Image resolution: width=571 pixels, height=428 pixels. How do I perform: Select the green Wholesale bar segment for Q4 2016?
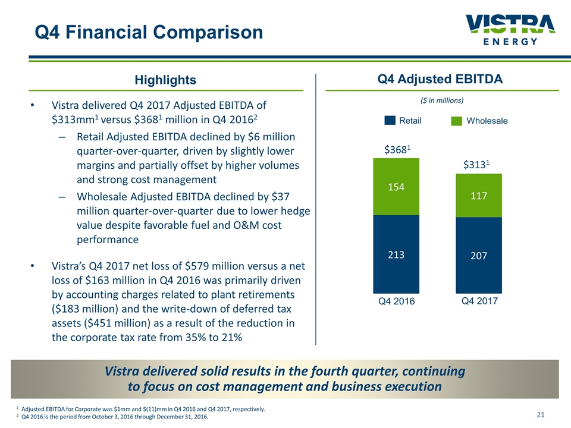(x=396, y=187)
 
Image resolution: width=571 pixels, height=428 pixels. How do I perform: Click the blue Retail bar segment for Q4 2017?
(x=479, y=256)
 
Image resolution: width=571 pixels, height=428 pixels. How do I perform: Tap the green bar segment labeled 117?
(x=479, y=195)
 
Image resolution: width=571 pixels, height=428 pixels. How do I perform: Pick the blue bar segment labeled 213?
(x=396, y=254)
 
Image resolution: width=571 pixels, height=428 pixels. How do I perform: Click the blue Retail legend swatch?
(x=390, y=121)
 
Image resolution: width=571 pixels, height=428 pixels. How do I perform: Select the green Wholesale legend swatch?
(x=457, y=121)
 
